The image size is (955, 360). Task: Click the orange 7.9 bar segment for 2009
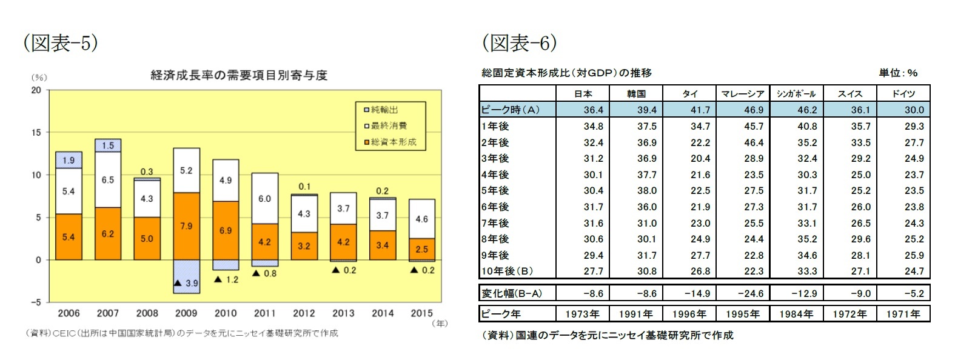186,226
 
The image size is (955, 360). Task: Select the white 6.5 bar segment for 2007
107,180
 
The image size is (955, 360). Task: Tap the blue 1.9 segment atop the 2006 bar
69,160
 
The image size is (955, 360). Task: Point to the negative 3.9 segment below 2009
186,276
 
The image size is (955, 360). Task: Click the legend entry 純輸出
384,110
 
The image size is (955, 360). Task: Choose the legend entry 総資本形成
393,142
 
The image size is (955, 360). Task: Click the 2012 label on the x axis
304,313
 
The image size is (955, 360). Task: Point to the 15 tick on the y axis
36,132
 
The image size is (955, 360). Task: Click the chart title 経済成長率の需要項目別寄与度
239,75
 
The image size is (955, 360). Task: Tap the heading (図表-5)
60,43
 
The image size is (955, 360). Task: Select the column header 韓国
637,93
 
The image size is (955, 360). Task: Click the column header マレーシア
742,93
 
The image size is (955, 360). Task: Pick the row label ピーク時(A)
510,110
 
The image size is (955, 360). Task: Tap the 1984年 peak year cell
796,314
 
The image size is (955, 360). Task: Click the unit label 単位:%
898,73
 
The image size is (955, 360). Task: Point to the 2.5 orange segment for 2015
421,249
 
